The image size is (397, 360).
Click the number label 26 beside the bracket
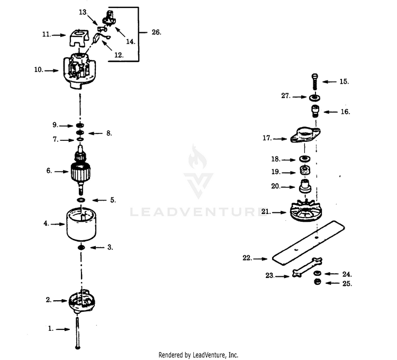(x=156, y=32)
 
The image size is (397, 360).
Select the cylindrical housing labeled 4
(x=82, y=224)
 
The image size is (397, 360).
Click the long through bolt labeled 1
(x=77, y=332)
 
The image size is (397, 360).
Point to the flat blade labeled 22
(x=309, y=243)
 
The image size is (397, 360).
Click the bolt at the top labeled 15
(x=315, y=82)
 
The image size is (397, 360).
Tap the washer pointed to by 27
(x=315, y=97)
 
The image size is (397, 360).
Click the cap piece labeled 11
(x=79, y=38)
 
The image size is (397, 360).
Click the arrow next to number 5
(x=100, y=200)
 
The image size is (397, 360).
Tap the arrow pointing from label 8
(x=95, y=133)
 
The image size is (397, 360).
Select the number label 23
(x=270, y=275)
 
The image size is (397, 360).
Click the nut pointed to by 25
(x=317, y=282)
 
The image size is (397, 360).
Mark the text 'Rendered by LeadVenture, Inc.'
(x=198, y=355)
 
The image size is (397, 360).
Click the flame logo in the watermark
(x=197, y=157)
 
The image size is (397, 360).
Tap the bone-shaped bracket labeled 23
(x=307, y=267)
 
